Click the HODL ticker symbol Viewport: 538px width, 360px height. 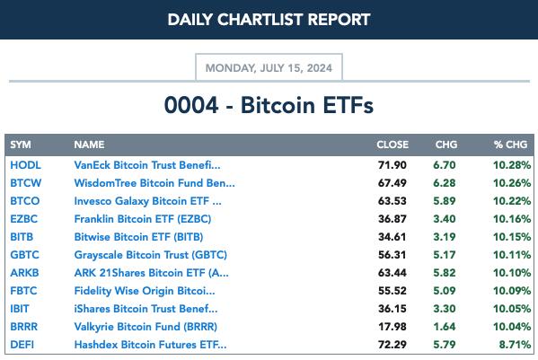25,165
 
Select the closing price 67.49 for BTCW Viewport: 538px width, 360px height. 392,183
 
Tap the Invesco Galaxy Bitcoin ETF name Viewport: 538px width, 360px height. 147,201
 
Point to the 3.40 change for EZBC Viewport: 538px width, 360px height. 445,219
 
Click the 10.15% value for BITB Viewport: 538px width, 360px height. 512,237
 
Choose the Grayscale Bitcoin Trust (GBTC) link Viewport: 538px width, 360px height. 151,255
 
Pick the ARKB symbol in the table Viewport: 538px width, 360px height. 24,273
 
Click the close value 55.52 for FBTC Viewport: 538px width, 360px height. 392,291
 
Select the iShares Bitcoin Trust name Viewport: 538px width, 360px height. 146,309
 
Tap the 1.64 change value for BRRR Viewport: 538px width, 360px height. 445,327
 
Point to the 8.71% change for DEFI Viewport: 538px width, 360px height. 515,345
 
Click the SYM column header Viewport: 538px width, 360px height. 21,145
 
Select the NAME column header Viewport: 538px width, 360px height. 89,145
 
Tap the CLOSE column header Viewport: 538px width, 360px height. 392,145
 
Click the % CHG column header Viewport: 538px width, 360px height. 510,145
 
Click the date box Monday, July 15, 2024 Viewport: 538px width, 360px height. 269,67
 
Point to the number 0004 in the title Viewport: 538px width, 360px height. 191,105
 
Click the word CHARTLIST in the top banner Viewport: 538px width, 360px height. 260,20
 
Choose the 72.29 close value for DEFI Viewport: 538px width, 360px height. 392,345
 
